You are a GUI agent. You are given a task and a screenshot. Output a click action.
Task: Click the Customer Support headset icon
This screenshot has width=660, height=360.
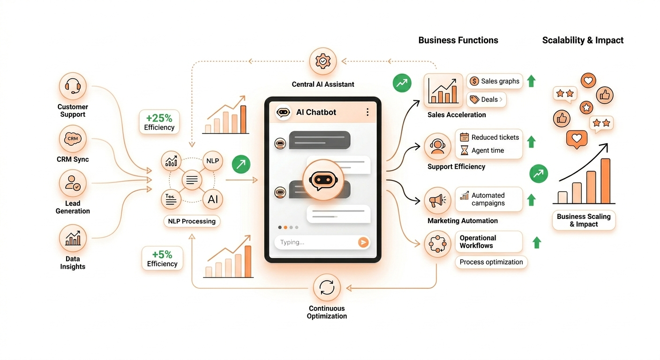click(x=73, y=86)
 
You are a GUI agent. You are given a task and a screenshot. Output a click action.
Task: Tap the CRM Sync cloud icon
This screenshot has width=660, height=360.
click(x=73, y=139)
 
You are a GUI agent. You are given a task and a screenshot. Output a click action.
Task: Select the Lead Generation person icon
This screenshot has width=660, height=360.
click(x=73, y=183)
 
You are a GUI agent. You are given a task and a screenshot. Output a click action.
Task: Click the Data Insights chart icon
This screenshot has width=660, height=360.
click(x=73, y=238)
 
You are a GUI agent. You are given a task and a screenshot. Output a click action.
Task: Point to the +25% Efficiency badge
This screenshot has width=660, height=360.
click(x=159, y=122)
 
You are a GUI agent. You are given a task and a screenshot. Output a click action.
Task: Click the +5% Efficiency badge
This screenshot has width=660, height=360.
click(x=162, y=259)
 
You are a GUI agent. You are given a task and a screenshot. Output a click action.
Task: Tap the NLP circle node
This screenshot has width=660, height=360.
click(x=213, y=161)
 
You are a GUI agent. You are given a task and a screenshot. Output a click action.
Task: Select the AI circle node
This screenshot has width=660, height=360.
click(x=213, y=199)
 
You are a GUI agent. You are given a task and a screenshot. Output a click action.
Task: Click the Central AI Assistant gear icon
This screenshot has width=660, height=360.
click(x=323, y=61)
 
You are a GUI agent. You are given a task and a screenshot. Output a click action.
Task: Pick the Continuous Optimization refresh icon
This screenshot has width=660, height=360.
click(x=327, y=287)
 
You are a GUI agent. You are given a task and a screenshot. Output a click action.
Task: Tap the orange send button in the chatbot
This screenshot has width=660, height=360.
click(x=363, y=242)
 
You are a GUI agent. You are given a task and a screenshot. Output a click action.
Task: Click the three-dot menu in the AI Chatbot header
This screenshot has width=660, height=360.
click(x=367, y=112)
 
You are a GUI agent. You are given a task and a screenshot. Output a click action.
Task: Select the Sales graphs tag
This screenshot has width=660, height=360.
click(x=495, y=81)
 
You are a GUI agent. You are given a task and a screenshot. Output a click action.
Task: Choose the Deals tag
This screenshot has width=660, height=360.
click(x=486, y=99)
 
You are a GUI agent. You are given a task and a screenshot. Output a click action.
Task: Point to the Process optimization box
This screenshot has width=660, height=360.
click(x=491, y=262)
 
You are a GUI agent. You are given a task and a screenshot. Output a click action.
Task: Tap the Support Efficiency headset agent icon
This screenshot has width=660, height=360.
click(x=437, y=146)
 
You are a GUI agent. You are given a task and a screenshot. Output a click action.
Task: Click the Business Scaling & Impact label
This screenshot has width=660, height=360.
click(x=584, y=220)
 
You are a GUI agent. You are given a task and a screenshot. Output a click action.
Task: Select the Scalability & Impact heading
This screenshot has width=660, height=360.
click(x=583, y=40)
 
